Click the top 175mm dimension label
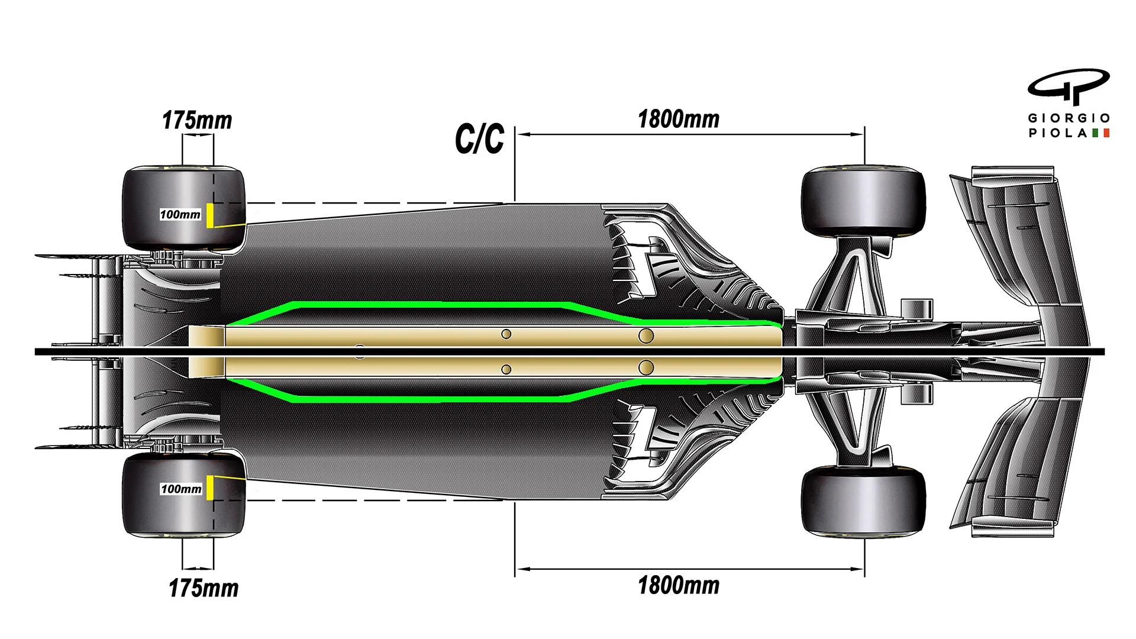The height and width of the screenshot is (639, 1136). (197, 120)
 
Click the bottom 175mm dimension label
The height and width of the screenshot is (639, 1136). (204, 588)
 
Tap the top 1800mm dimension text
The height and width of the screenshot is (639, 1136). (679, 119)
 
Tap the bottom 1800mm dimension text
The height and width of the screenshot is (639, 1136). (679, 585)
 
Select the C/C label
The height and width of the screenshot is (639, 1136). (479, 139)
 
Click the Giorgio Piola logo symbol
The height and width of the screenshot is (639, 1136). (1069, 88)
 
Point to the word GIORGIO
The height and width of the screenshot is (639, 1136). (1069, 118)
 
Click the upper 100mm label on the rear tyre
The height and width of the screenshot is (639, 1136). (180, 214)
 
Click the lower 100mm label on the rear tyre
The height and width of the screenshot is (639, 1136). (181, 489)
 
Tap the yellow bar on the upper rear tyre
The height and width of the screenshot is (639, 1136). (210, 215)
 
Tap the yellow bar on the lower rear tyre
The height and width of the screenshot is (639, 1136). (210, 488)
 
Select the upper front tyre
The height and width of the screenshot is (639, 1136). (863, 201)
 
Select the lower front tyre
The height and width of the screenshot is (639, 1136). (863, 501)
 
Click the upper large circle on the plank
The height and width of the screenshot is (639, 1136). (646, 336)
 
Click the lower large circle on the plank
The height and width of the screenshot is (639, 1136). (646, 367)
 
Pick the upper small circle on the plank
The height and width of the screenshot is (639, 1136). (506, 334)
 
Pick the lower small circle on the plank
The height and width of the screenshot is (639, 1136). (506, 369)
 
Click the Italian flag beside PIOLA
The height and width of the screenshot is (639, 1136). (1100, 133)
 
